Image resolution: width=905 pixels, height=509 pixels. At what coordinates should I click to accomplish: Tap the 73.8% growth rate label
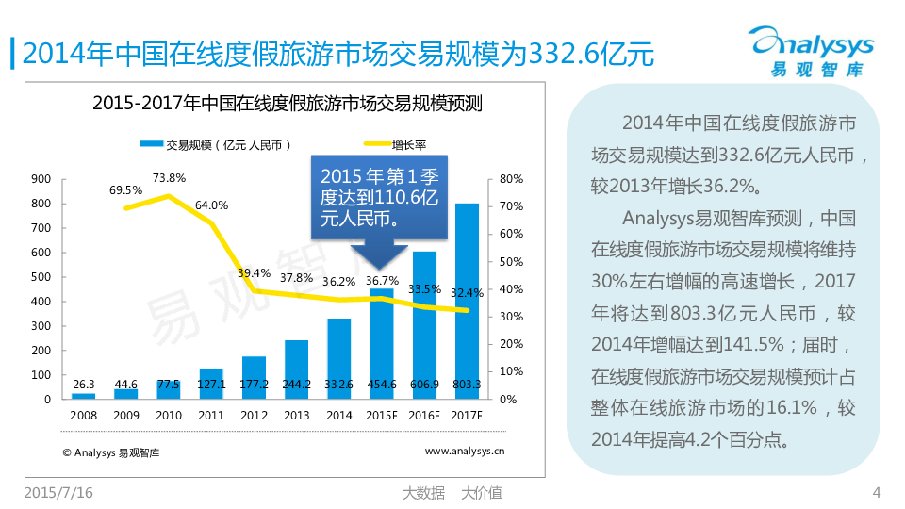[x=169, y=177]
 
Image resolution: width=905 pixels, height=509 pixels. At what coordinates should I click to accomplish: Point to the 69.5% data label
[x=125, y=189]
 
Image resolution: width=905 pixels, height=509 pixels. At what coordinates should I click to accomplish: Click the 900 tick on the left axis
[x=41, y=178]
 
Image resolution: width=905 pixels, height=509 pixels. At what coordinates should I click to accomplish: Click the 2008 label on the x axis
[x=83, y=415]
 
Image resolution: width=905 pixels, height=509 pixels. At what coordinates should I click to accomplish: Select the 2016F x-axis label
[x=425, y=415]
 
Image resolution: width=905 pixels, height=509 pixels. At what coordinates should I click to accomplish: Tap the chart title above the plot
[x=288, y=104]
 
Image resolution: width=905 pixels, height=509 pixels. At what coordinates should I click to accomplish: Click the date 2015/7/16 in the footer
[x=58, y=492]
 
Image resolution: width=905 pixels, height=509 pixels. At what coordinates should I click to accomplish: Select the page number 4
[x=877, y=492]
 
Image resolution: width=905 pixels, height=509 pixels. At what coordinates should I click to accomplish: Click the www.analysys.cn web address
[x=464, y=452]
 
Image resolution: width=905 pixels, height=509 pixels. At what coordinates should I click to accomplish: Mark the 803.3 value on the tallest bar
[x=467, y=385]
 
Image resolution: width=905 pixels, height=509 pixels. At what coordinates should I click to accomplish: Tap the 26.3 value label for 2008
[x=83, y=385]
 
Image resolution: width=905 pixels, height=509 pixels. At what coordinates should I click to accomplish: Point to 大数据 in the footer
[x=423, y=492]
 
